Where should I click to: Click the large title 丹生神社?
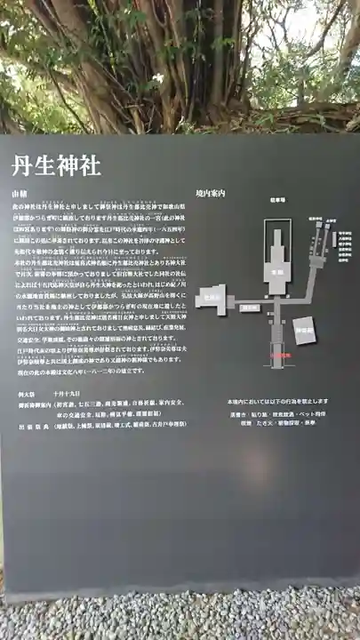(54, 166)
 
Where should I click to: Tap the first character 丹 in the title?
(22, 166)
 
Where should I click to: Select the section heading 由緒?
(19, 193)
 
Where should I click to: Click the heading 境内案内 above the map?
(211, 193)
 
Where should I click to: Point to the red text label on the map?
(281, 355)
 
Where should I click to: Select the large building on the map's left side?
(212, 303)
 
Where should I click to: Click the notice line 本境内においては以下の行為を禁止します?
(272, 403)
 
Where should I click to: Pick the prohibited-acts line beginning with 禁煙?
(272, 424)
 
